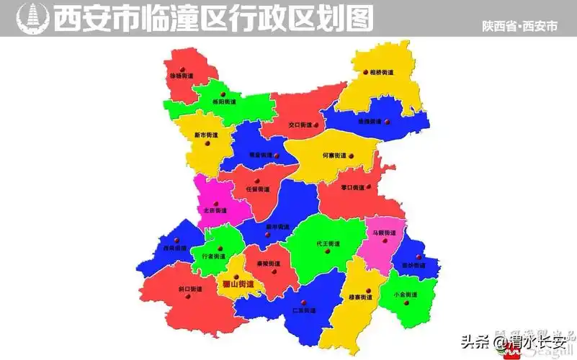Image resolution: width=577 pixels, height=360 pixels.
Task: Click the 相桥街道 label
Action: [383, 73]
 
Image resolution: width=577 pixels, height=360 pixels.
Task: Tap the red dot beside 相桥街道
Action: [365, 72]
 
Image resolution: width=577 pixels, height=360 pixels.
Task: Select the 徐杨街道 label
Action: [181, 75]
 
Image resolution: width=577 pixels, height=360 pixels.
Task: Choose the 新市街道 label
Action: [206, 135]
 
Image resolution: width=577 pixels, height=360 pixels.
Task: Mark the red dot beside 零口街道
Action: [369, 186]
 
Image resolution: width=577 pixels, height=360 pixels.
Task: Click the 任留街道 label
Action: [257, 189]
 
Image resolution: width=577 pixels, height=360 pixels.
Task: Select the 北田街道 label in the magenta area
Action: [215, 211]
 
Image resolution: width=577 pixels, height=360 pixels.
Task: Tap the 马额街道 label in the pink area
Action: [384, 233]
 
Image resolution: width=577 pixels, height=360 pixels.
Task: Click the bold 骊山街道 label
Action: [238, 284]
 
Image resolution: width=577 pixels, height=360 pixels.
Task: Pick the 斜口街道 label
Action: [190, 289]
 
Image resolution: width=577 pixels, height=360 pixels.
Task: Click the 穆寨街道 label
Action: [360, 297]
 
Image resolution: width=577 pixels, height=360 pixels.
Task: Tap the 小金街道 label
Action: [406, 295]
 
